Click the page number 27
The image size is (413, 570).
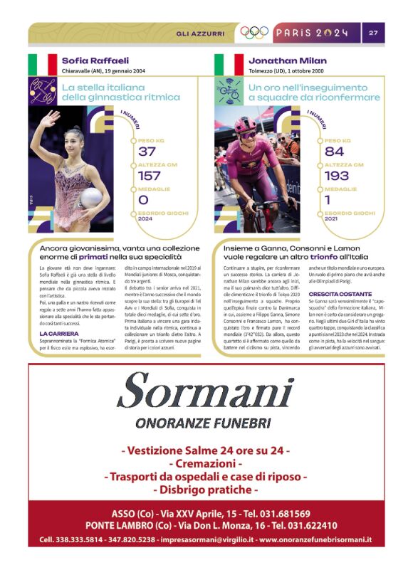(373, 33)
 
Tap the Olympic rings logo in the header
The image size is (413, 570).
(254, 33)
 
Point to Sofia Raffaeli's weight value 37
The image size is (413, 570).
(147, 151)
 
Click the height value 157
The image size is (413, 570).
(149, 176)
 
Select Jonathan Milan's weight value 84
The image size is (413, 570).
(334, 151)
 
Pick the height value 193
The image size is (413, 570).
(337, 176)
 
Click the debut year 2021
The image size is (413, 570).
(332, 219)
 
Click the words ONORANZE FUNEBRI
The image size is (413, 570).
(206, 423)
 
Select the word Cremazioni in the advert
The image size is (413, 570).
(206, 463)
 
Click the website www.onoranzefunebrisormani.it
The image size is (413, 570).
(315, 539)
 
